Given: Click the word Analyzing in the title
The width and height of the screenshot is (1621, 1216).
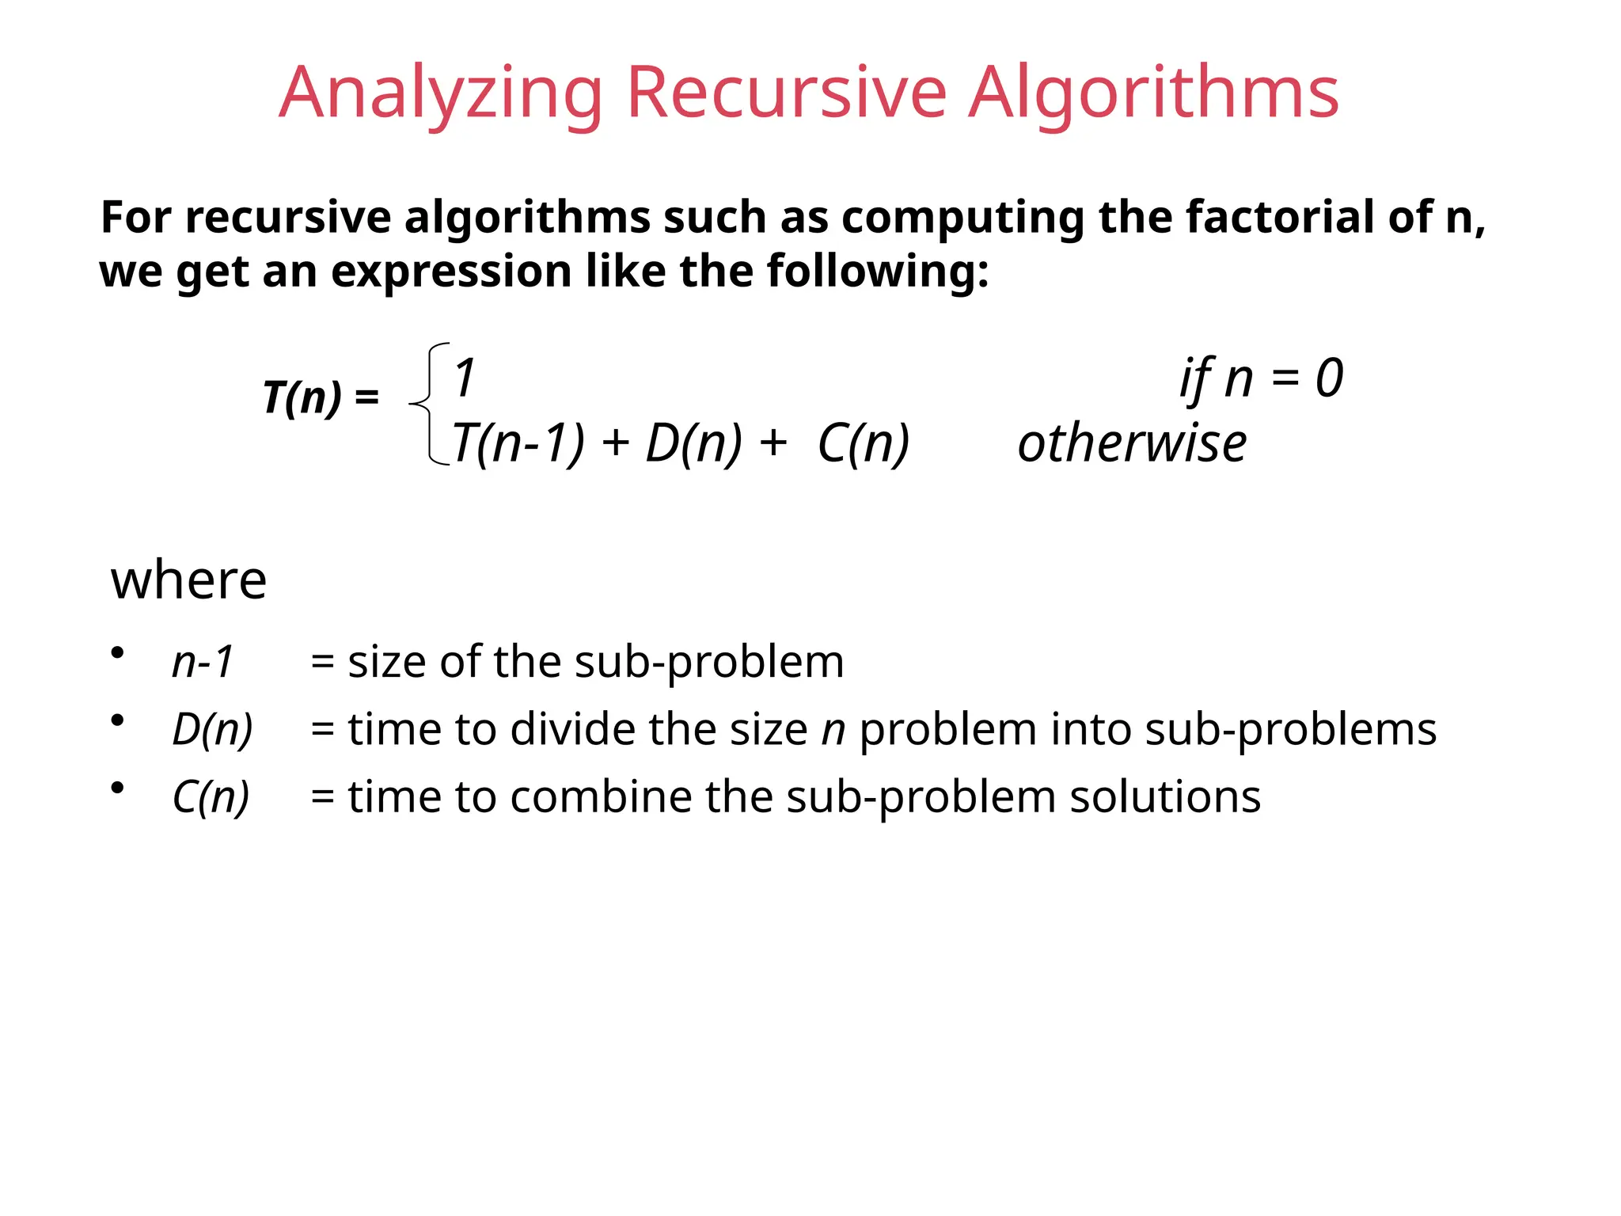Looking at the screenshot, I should (439, 93).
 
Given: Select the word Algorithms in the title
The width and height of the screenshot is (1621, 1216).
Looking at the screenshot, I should (1153, 93).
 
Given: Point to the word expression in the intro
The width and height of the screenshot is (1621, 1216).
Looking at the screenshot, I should (450, 272).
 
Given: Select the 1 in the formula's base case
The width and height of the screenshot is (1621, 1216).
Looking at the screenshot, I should (465, 378).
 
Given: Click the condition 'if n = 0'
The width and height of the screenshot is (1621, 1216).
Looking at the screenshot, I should (1261, 378).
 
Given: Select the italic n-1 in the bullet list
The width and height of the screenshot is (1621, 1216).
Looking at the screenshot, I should (203, 662).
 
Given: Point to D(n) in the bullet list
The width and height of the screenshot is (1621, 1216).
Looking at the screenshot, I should (212, 729).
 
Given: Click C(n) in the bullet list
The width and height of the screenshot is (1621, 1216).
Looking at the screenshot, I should (211, 796).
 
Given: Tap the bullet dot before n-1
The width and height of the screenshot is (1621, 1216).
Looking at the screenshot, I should (118, 653).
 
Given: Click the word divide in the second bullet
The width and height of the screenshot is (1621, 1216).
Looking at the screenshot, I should (572, 729).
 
